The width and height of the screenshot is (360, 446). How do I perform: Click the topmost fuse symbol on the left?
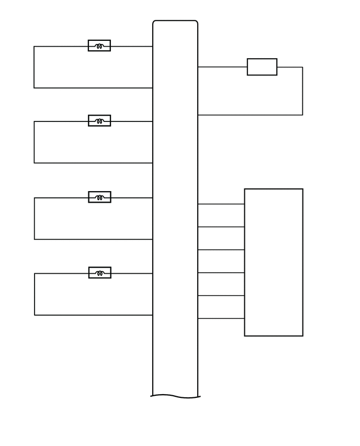(x=99, y=46)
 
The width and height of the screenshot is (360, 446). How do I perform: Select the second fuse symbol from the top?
(x=99, y=120)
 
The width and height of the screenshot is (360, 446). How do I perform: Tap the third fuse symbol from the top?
(x=99, y=197)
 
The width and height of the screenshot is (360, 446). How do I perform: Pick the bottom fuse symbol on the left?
(x=99, y=273)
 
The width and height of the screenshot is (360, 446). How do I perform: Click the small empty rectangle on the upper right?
(x=262, y=67)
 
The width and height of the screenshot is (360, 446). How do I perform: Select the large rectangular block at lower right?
(x=274, y=262)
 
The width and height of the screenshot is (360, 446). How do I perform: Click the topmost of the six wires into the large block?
(x=221, y=204)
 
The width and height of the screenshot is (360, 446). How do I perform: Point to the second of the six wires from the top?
(x=221, y=227)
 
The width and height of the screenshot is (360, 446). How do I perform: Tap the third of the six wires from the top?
(x=221, y=250)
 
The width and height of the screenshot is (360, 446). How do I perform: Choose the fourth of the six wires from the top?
(x=221, y=273)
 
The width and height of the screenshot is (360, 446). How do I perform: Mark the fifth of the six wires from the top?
(x=221, y=296)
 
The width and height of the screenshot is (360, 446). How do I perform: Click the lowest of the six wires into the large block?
(x=221, y=318)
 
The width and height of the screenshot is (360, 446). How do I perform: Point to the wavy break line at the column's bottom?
(x=175, y=396)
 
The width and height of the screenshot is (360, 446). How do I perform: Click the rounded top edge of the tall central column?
(x=175, y=21)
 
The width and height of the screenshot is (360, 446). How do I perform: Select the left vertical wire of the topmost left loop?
(x=34, y=67)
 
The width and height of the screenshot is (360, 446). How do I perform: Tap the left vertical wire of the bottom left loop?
(x=35, y=294)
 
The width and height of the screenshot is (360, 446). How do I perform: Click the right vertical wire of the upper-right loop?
(x=302, y=91)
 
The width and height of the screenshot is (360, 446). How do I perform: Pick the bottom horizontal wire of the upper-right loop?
(x=250, y=115)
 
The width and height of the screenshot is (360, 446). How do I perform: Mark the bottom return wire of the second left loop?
(x=93, y=163)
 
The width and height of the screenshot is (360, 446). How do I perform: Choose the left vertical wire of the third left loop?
(x=35, y=218)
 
